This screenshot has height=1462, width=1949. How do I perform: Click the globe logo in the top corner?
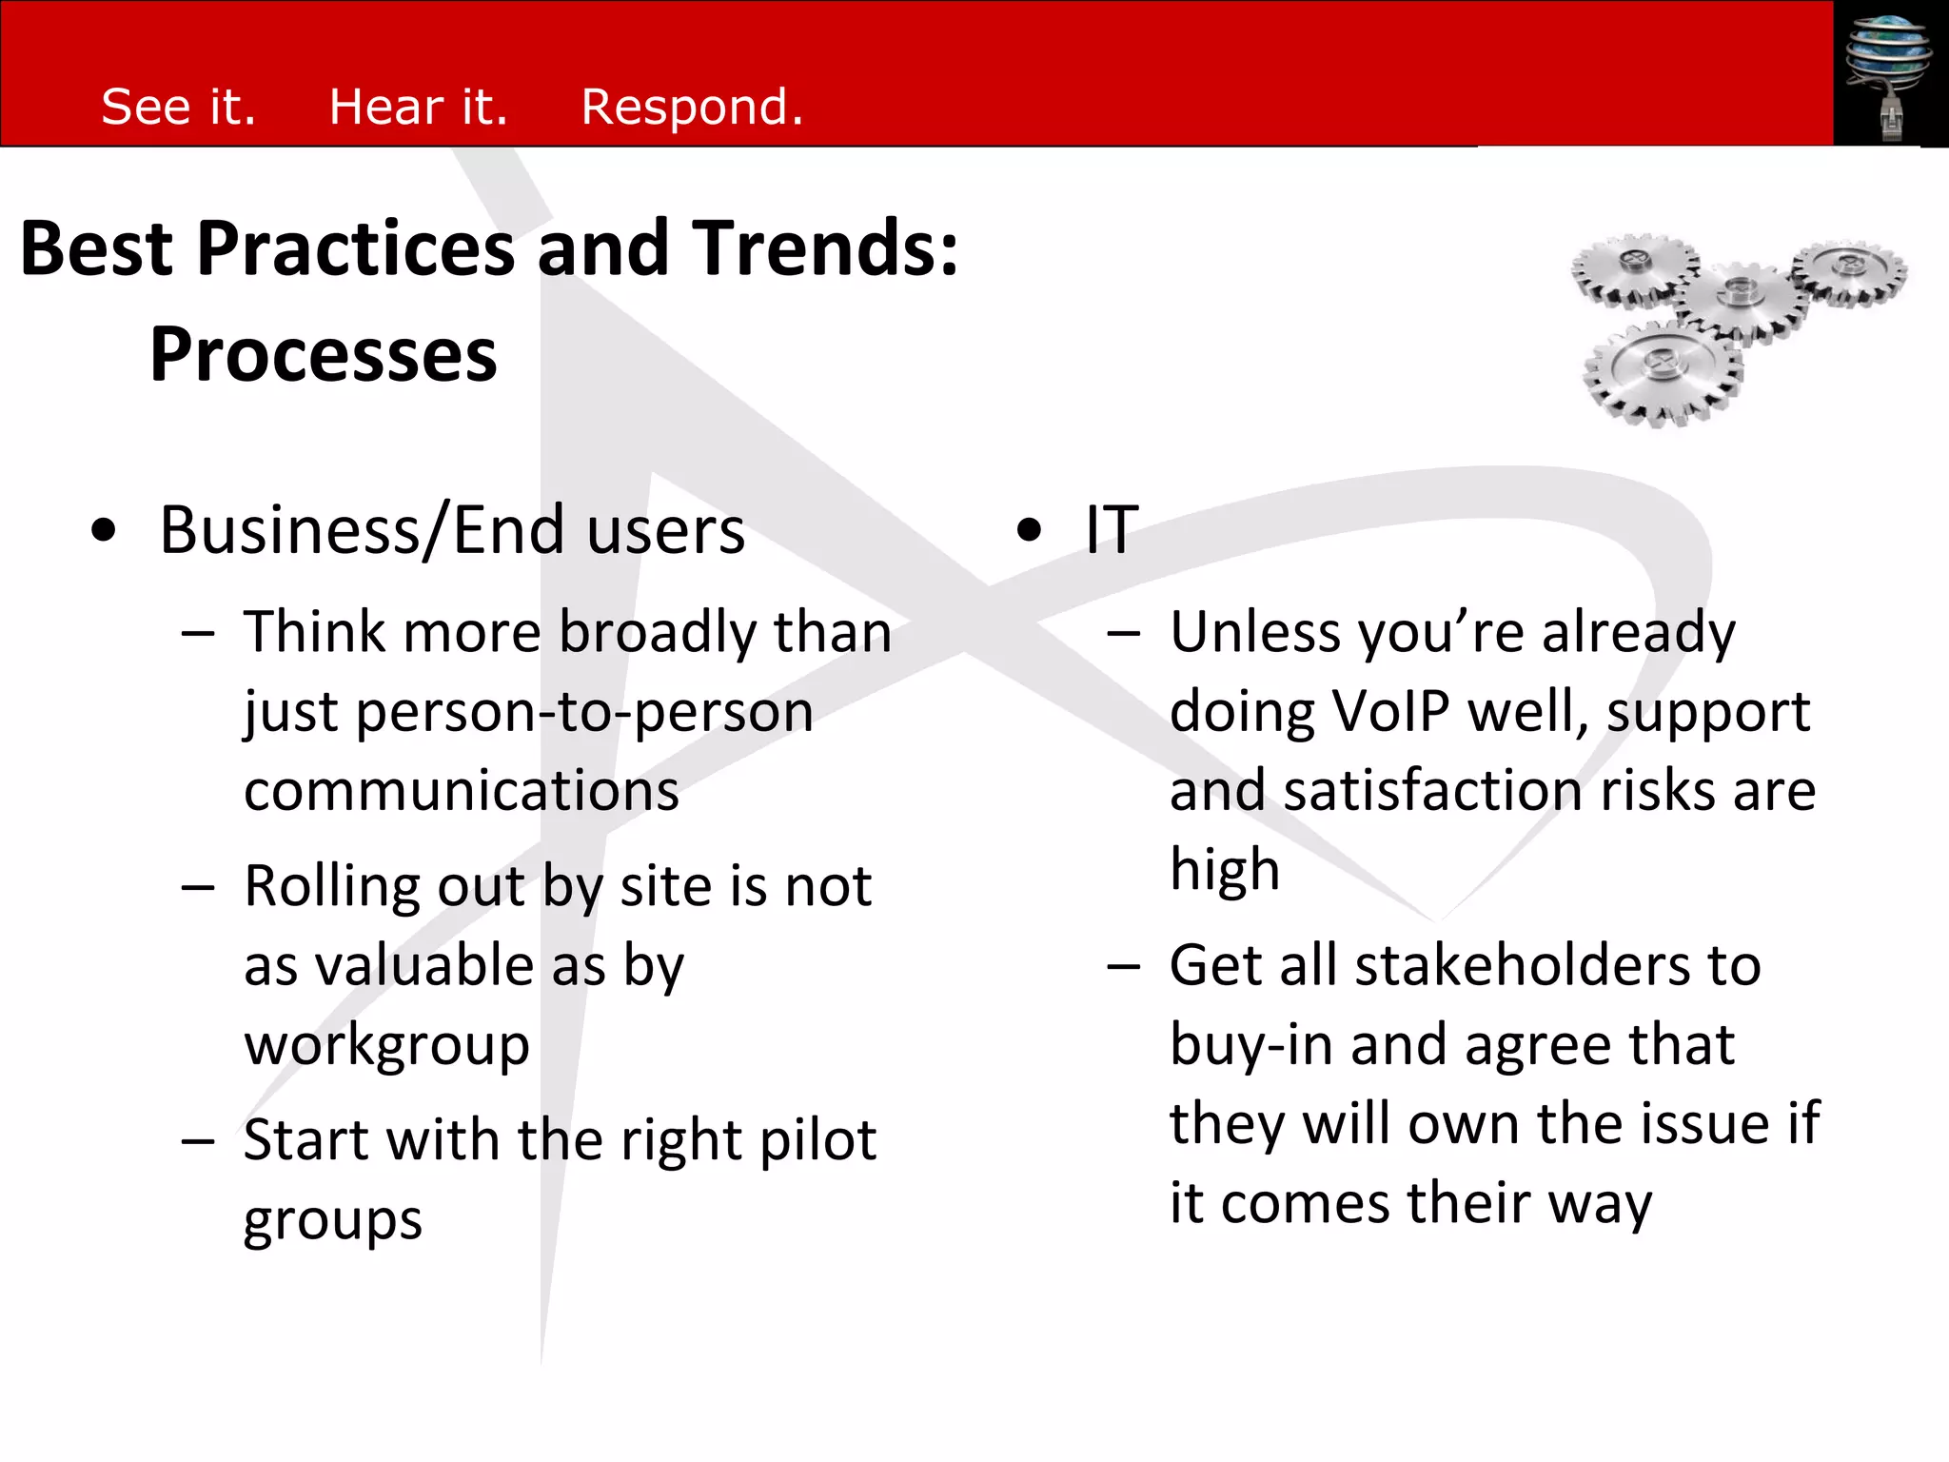click(1888, 72)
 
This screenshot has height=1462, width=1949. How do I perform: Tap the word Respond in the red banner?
click(691, 107)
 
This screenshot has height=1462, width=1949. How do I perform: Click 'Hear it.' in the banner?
click(418, 107)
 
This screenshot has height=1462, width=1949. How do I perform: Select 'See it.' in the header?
click(178, 107)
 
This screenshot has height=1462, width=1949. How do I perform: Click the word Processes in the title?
click(324, 355)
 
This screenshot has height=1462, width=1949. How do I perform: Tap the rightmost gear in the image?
click(1848, 271)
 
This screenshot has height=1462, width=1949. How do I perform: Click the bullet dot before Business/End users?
click(104, 531)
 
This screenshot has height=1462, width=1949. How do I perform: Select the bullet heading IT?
click(1112, 530)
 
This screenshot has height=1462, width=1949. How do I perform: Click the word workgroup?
click(386, 1046)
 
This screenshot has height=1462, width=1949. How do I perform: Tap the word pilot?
click(817, 1140)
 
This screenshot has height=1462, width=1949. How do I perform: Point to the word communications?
click(462, 791)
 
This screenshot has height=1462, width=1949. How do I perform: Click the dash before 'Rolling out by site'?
click(198, 888)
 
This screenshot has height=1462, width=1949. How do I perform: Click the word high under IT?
click(1224, 870)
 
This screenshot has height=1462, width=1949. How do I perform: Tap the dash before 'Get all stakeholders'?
click(1124, 967)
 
